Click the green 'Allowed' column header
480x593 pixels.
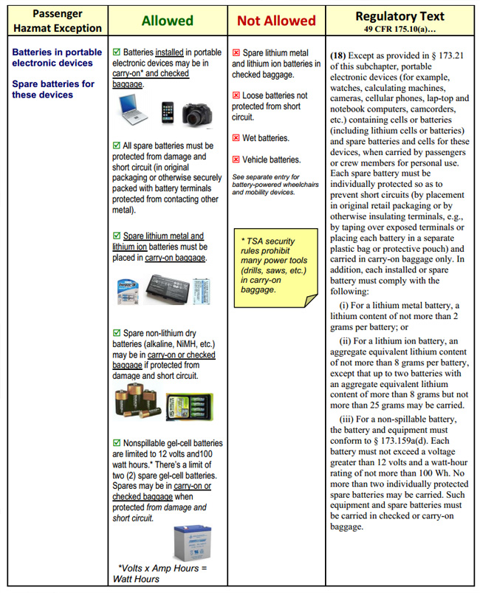[167, 21]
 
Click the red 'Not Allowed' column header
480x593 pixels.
[276, 21]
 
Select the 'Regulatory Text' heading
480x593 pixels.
[400, 16]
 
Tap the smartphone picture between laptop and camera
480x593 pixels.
[167, 112]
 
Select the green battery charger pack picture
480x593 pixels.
[189, 405]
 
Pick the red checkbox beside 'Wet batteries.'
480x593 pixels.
[236, 138]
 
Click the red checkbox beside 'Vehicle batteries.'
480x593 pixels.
[236, 160]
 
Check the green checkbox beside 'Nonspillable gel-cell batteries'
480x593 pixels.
[117, 443]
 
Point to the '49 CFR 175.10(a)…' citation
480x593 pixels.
[400, 30]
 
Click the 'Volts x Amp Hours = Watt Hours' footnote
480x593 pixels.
[162, 573]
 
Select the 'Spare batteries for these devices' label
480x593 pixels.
[53, 89]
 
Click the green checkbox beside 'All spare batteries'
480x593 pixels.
[117, 146]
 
